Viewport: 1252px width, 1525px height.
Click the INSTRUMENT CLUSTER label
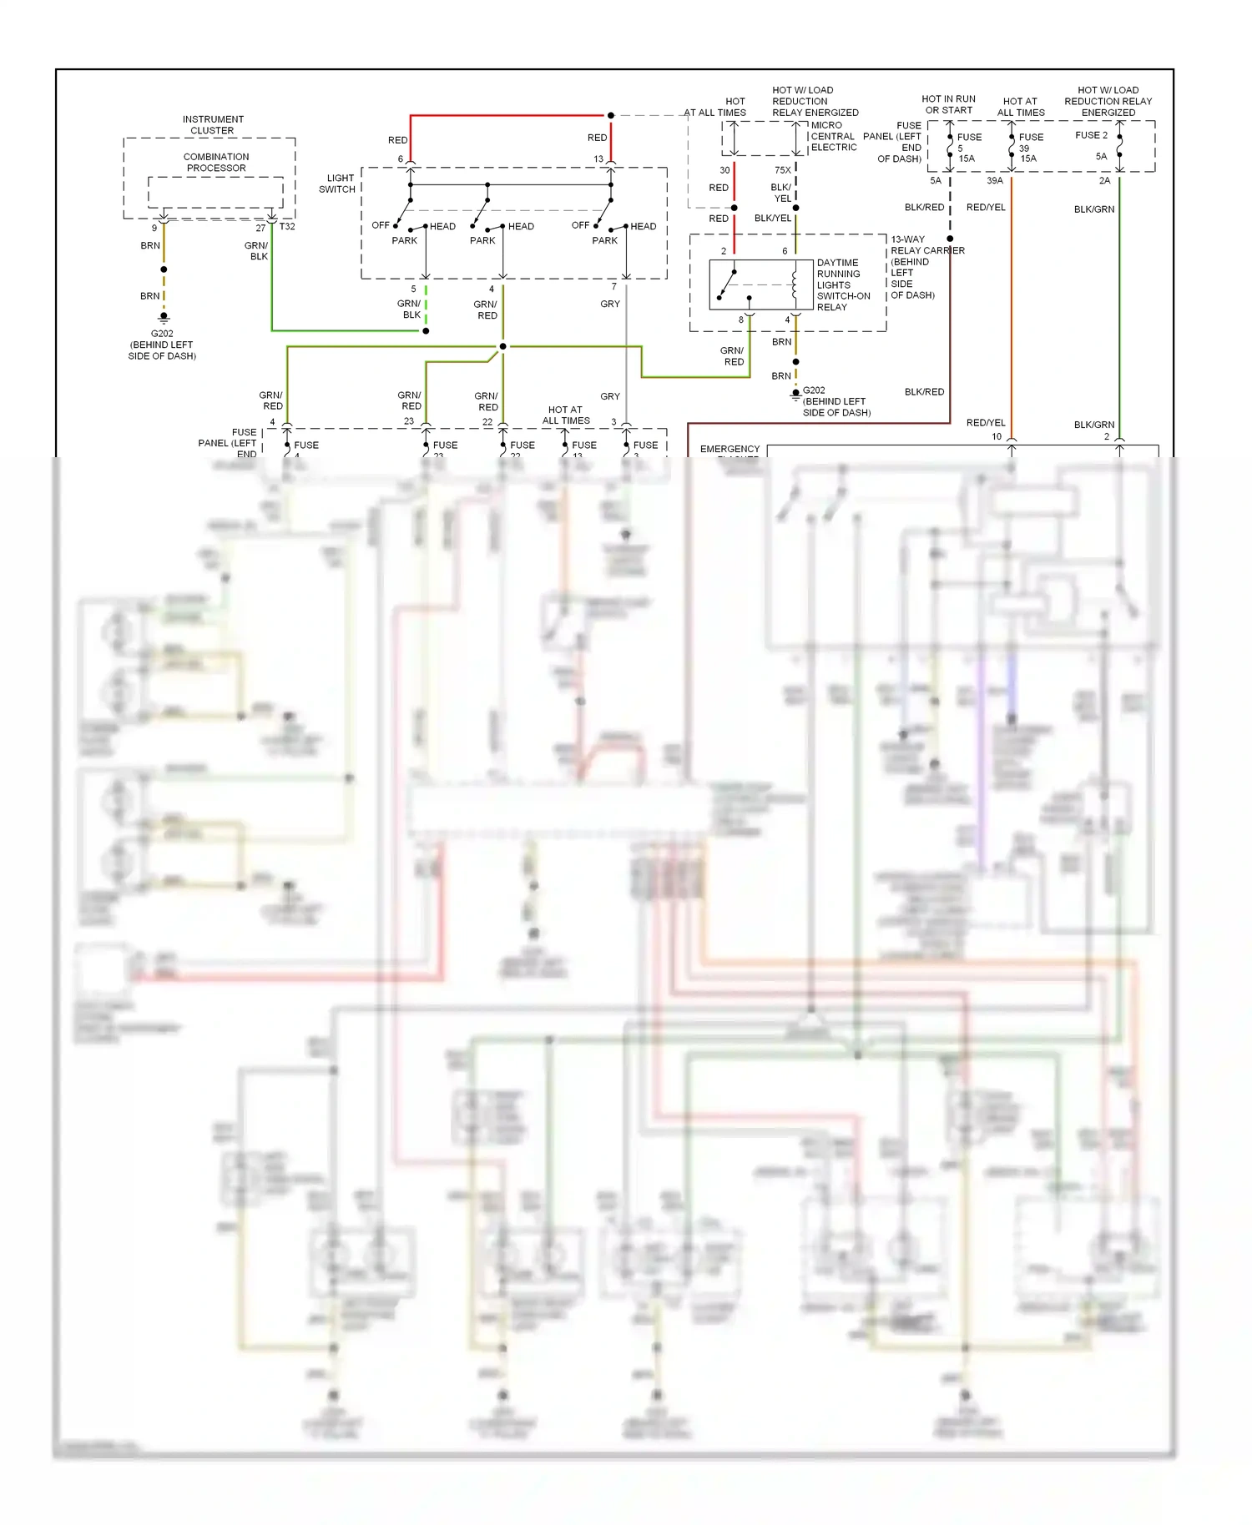[x=213, y=125]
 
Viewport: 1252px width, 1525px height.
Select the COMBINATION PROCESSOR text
[x=216, y=163]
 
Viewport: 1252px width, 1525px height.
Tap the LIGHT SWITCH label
[x=340, y=184]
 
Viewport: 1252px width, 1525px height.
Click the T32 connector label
[x=286, y=227]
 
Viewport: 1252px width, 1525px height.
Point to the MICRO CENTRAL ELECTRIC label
[x=833, y=136]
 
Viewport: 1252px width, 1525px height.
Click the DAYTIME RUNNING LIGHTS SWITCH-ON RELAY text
[x=843, y=284]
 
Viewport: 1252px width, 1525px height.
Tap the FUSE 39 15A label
[x=1030, y=148]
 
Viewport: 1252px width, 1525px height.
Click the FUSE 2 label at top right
[x=1091, y=135]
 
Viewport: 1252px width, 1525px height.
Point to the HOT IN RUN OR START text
[x=948, y=104]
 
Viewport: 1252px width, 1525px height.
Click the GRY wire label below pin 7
[x=610, y=304]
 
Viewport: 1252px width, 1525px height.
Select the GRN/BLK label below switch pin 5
[x=410, y=310]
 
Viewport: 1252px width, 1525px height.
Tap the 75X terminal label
[x=782, y=170]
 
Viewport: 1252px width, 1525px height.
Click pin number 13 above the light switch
[x=598, y=159]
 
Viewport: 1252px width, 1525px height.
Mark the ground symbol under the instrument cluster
[x=164, y=318]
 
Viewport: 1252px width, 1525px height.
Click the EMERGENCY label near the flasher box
[x=729, y=449]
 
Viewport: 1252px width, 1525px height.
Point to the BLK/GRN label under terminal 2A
[x=1093, y=209]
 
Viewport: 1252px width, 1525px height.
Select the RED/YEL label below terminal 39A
[x=986, y=207]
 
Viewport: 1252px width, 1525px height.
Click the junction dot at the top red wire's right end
[x=611, y=115]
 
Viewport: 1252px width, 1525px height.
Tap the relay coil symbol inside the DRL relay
[x=795, y=284]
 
